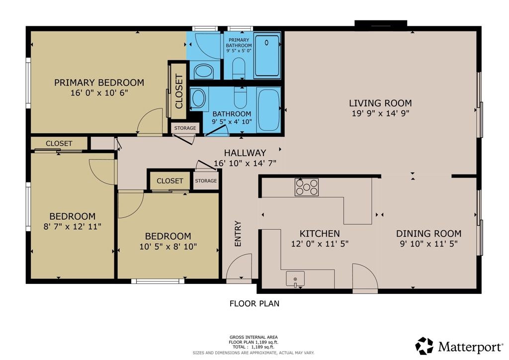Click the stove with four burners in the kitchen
coord(306,187)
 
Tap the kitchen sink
coord(295,279)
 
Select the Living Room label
coord(380,103)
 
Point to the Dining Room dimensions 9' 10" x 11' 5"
coord(428,244)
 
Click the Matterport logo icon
coord(424,346)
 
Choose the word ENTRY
coord(238,234)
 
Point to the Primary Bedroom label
coord(99,83)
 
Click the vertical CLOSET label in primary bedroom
coord(179,91)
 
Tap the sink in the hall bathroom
coord(198,97)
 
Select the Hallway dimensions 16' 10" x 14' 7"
coord(245,163)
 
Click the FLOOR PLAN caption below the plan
coord(254,303)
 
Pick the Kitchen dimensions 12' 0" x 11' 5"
coord(320,244)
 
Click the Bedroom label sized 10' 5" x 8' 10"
coord(168,236)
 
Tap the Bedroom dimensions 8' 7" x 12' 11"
coord(72,226)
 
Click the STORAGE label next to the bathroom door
coord(185,128)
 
